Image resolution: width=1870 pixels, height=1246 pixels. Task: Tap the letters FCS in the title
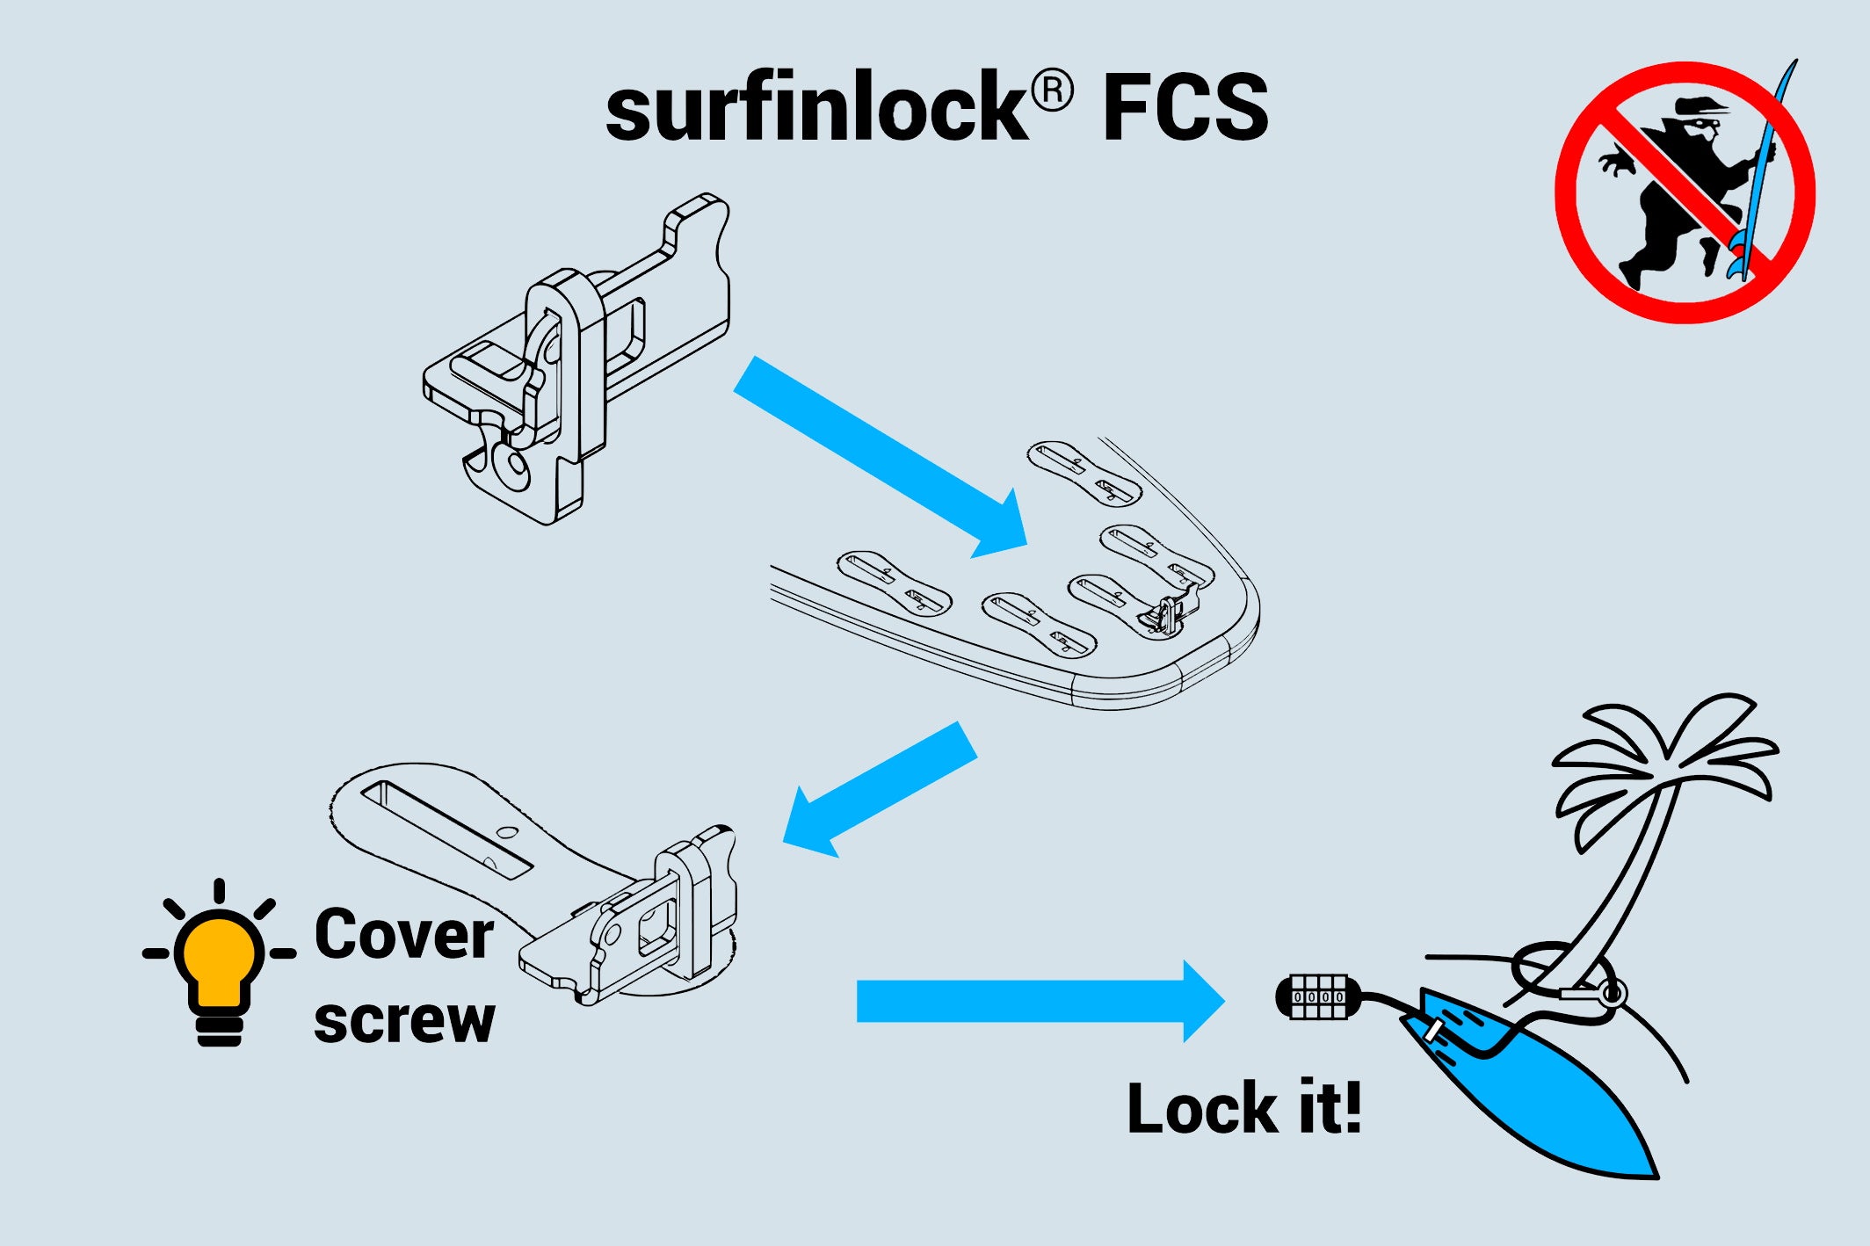point(1185,107)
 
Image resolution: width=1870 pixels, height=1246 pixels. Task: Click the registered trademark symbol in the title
point(1052,91)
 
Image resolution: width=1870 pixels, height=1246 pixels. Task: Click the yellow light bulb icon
point(219,962)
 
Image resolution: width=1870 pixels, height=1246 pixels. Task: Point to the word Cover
point(403,934)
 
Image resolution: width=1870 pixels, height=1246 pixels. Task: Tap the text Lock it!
point(1243,1108)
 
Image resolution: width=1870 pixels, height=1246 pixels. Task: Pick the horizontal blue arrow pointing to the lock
point(1037,1001)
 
